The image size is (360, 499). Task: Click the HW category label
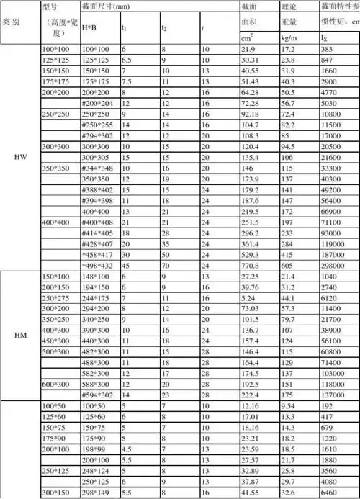coord(21,156)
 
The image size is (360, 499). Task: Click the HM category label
coord(21,335)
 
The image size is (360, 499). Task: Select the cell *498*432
coord(95,265)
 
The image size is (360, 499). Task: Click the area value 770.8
coord(249,265)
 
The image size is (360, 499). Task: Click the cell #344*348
coord(96,166)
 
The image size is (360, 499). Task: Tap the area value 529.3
coord(249,254)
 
